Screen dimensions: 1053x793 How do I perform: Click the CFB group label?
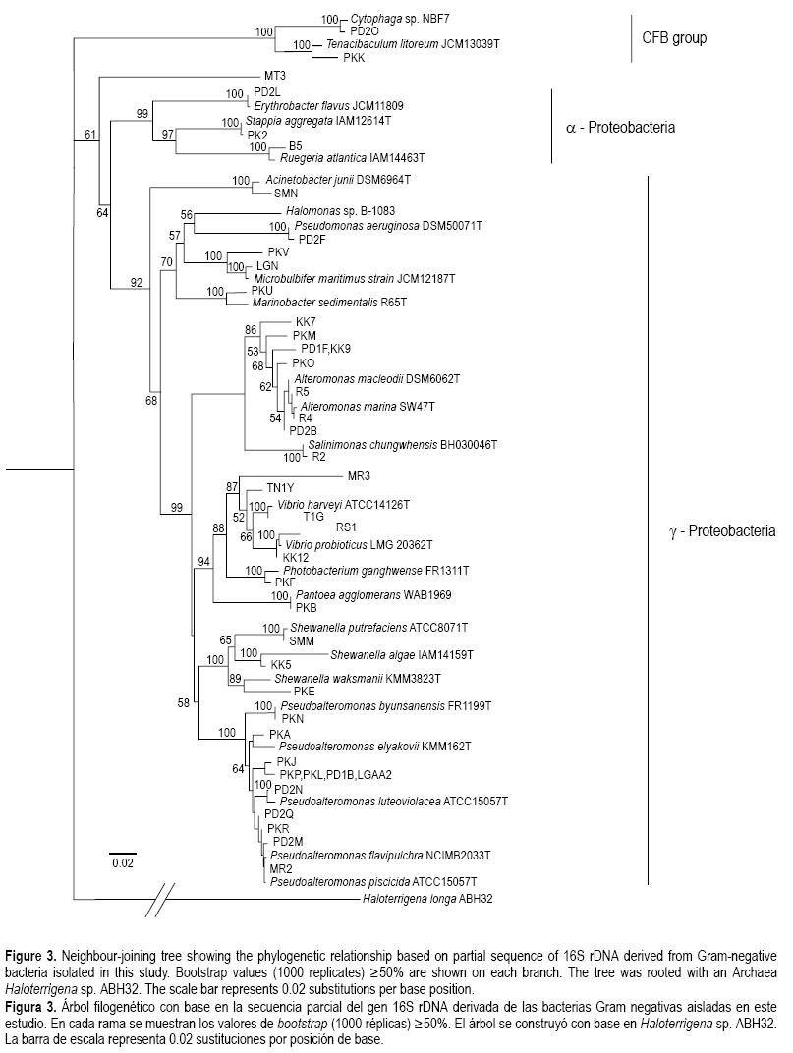674,39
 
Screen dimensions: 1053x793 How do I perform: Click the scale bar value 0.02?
122,863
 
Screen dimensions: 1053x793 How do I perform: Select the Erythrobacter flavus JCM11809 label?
329,105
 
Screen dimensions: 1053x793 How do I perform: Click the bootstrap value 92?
137,283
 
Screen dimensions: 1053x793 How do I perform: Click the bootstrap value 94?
204,561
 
